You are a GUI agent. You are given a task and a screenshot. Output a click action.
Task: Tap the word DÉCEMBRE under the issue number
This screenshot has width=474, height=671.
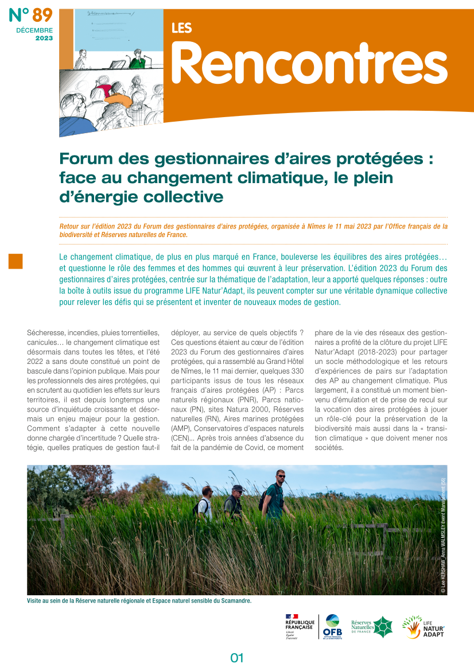point(34,30)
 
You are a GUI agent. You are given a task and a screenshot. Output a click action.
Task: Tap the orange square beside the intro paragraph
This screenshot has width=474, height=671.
point(15,261)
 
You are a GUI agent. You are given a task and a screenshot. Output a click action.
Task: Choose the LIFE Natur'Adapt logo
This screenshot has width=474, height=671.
point(423,627)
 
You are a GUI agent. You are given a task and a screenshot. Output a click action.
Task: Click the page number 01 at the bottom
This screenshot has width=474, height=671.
point(237,658)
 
